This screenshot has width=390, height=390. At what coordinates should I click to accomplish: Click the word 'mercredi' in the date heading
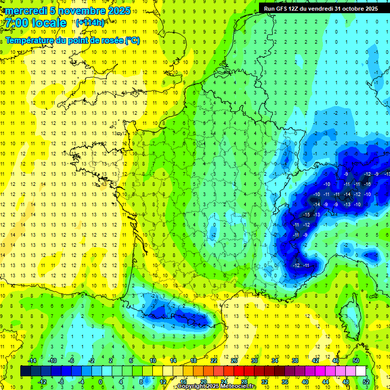(26, 11)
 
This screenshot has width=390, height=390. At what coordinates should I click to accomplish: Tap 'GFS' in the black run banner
(286, 9)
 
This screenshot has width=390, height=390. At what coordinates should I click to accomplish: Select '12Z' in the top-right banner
(299, 9)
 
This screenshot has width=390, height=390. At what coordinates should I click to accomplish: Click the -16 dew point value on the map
(368, 184)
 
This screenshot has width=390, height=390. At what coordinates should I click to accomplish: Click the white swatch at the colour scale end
(361, 371)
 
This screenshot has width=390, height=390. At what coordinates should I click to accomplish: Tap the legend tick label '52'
(366, 382)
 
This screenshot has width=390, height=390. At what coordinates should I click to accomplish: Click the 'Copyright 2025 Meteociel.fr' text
(216, 386)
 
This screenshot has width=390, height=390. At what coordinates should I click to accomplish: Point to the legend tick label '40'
(305, 382)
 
